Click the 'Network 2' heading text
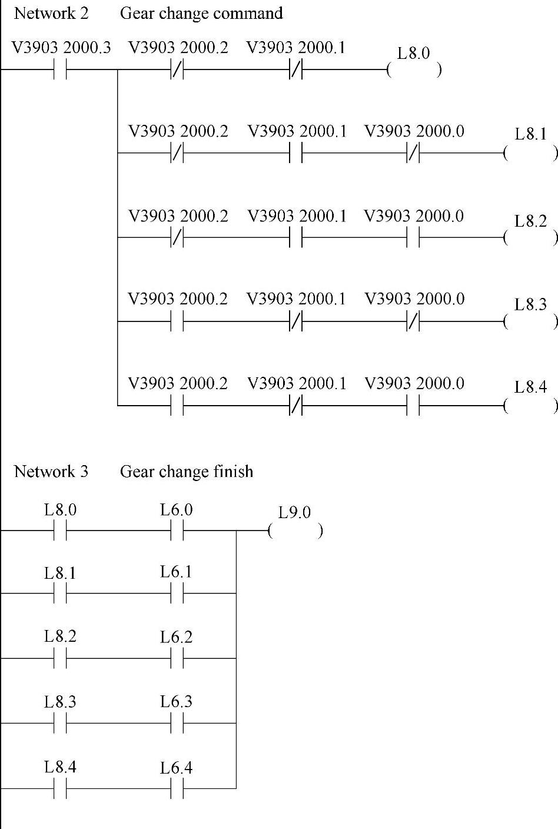51,14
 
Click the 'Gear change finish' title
187,472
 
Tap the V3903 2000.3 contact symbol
60,69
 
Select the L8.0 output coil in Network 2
414,70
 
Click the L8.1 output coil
531,154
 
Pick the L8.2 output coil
531,238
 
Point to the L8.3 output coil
531,321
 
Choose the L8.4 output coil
531,406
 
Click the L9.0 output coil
295,531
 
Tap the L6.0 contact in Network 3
177,531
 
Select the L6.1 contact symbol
177,593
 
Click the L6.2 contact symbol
177,658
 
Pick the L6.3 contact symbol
177,723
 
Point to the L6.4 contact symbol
177,788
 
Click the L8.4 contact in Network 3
60,788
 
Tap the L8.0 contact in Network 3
60,531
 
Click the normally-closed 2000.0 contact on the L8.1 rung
413,154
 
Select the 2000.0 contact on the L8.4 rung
413,406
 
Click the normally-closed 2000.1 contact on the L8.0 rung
295,70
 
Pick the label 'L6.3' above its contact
176,702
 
